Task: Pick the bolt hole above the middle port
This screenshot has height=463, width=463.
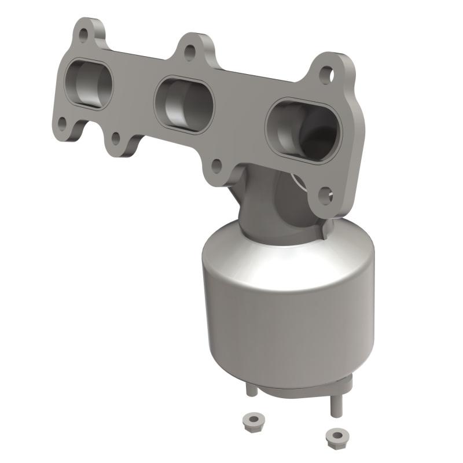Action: [x=189, y=53]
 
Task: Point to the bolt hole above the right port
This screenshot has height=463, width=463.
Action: [x=326, y=74]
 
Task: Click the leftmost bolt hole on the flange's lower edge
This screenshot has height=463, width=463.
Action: [x=62, y=123]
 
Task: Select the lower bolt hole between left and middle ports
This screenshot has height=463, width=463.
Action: [x=116, y=138]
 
